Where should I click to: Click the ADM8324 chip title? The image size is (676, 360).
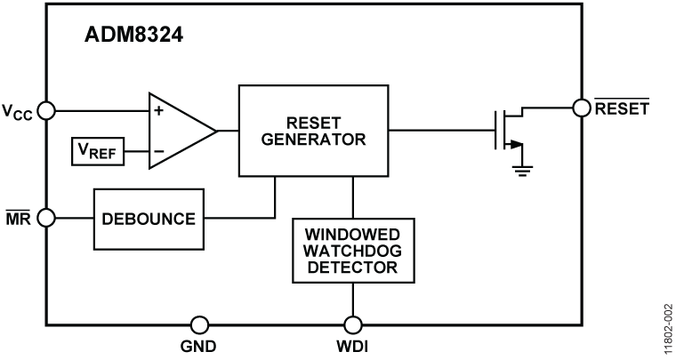point(134,36)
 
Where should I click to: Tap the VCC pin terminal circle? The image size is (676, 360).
point(46,111)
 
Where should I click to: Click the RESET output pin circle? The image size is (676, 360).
point(582,108)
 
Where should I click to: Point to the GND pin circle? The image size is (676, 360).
point(200,324)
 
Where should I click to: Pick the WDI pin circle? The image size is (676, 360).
point(353,324)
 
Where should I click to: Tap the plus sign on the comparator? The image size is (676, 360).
point(159,111)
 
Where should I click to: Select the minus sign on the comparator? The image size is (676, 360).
point(159,151)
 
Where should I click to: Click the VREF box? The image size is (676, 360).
point(99,151)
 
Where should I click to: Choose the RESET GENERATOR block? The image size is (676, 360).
point(313,131)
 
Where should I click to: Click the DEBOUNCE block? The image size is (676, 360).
point(149,219)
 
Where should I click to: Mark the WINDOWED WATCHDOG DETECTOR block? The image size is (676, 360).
point(353,250)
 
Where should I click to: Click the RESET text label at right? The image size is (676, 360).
point(623,108)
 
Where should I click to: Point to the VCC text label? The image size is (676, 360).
point(19,113)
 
